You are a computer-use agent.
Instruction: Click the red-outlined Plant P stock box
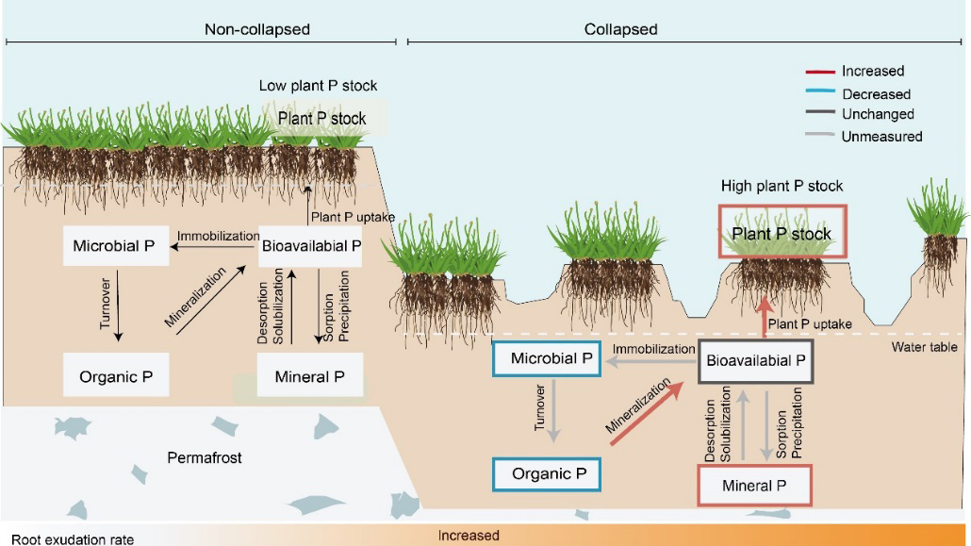782,232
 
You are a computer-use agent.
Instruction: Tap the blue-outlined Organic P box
547,473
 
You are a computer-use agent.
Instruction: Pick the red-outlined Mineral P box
753,486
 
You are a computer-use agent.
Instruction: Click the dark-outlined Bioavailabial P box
756,360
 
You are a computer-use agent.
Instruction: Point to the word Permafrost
205,458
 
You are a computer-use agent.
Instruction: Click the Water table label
924,347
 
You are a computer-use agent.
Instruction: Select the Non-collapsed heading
257,29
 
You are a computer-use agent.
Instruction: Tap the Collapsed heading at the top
620,29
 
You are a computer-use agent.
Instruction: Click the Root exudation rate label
73,539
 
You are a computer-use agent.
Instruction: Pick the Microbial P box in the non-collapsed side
116,247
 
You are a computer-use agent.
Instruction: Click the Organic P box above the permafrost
116,376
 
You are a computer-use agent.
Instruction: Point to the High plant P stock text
782,186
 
